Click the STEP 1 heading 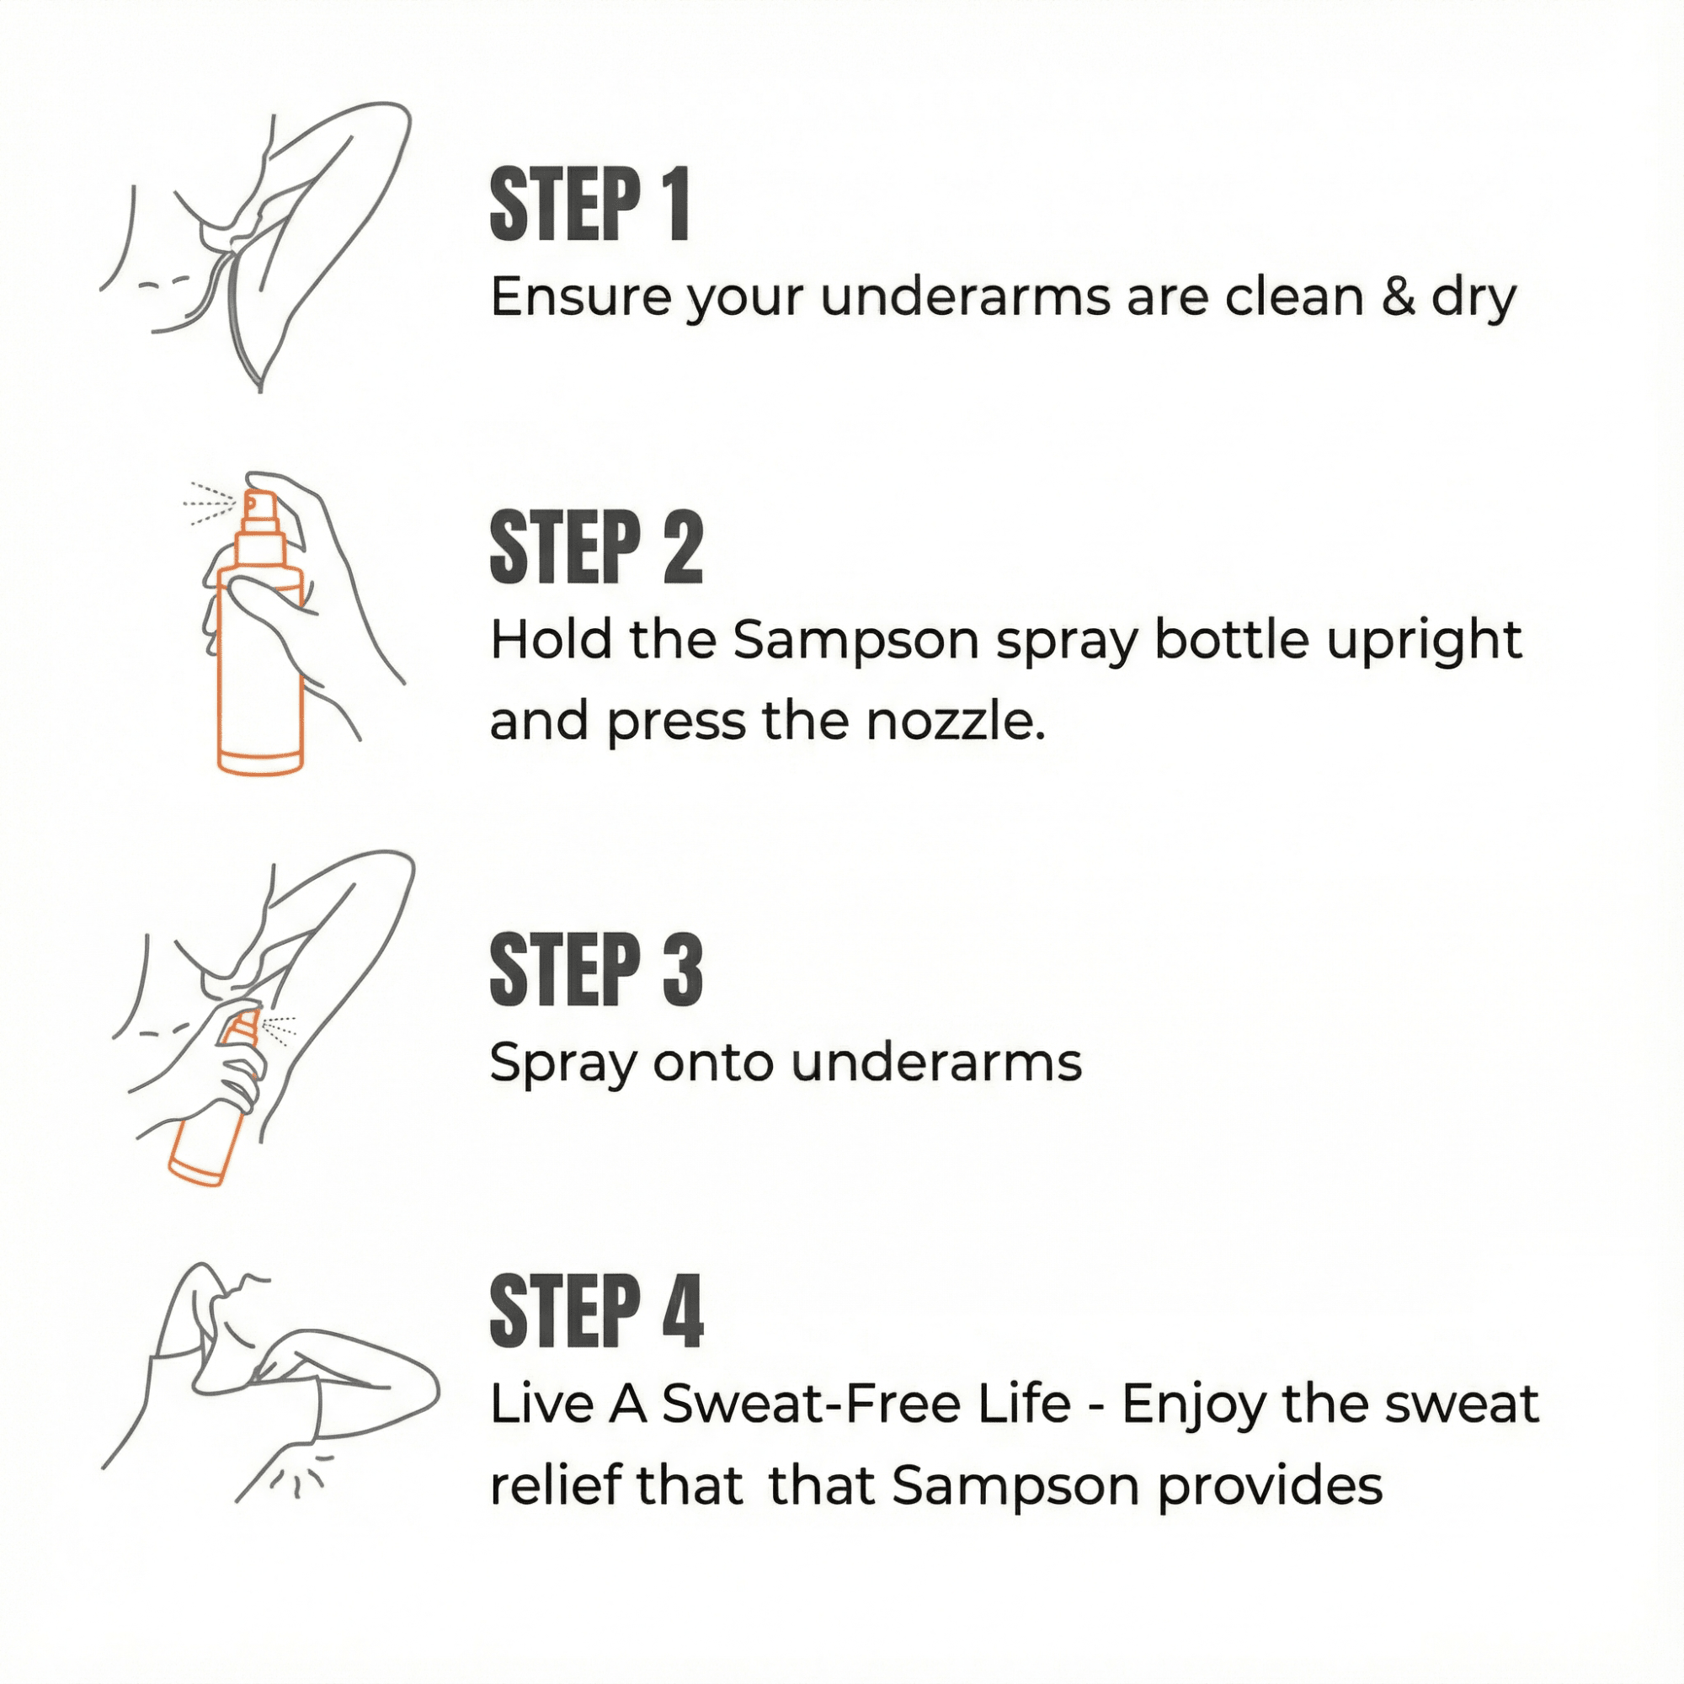click(x=589, y=205)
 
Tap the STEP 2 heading click(x=595, y=548)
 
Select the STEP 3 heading click(x=595, y=970)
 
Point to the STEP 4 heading click(x=595, y=1313)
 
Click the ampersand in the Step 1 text click(x=1397, y=296)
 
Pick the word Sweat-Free click(x=866, y=1405)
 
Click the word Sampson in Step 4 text click(x=1015, y=1487)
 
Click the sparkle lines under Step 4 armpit click(x=296, y=1476)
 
